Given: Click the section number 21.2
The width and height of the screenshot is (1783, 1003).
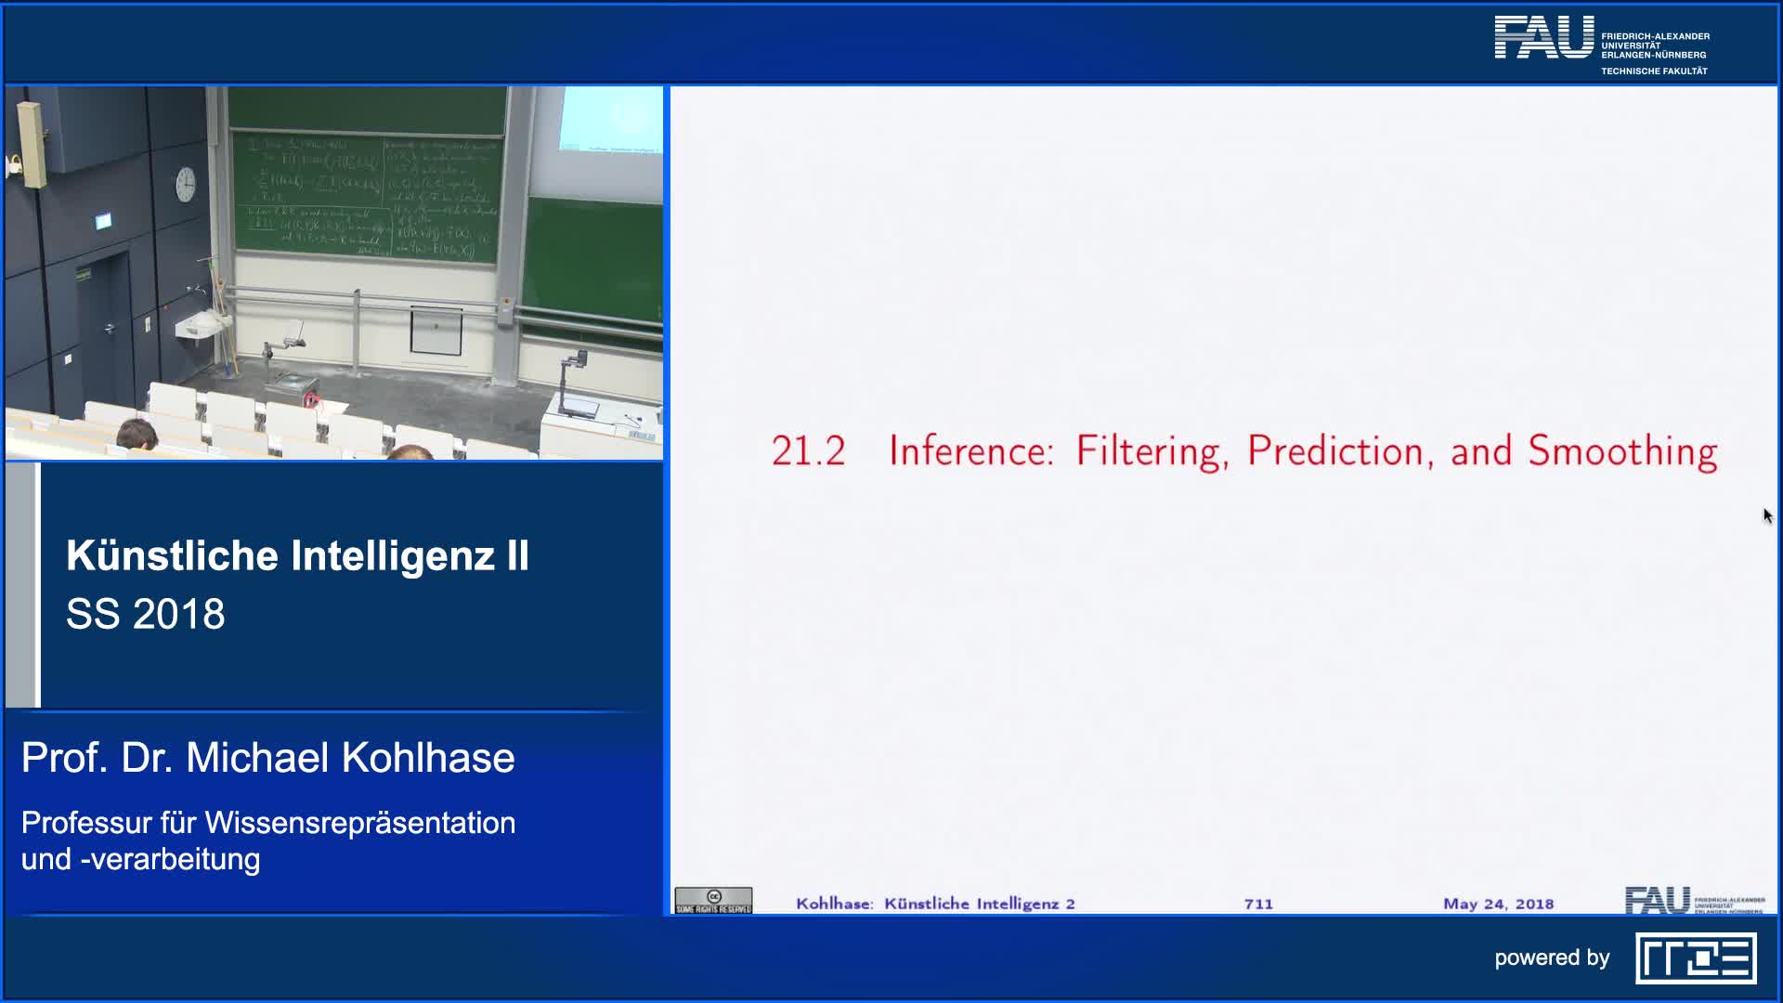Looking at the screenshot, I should pos(808,451).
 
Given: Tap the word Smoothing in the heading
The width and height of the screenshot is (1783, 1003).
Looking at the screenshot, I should pos(1622,451).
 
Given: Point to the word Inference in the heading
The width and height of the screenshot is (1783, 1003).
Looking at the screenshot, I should pos(970,451).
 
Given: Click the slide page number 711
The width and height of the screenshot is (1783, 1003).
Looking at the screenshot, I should pos(1258,904).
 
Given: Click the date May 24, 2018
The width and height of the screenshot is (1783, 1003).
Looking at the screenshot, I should pos(1498,904).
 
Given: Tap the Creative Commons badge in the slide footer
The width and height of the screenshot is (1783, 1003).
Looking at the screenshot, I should pos(713,901).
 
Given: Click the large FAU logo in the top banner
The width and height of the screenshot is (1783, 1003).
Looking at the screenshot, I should pos(1543,38).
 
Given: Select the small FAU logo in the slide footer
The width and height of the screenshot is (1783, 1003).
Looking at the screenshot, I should pos(1657,900).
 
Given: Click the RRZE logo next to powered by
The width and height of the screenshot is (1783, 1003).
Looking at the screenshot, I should pos(1696,958).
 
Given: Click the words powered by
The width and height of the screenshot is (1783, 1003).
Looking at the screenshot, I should pos(1552,957).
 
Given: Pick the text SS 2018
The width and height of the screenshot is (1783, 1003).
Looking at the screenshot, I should pos(146,614).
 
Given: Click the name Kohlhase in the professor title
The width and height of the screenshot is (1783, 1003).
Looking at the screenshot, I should pos(428,758).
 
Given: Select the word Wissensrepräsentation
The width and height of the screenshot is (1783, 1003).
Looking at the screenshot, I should pos(359,823).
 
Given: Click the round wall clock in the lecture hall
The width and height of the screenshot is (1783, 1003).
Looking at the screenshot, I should pos(186,184).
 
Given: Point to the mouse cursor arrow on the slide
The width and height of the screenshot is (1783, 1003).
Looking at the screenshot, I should pos(1767,515).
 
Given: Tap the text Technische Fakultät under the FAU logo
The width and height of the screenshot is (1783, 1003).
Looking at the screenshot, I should pos(1654,72).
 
